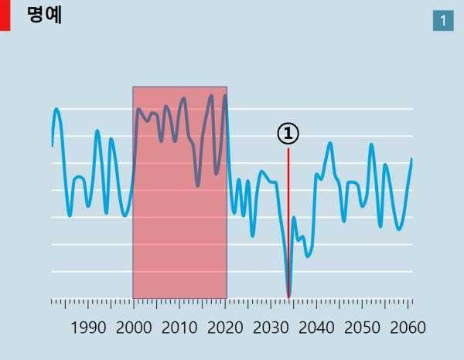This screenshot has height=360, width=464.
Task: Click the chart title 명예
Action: click(44, 15)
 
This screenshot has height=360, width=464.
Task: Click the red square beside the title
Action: click(5, 15)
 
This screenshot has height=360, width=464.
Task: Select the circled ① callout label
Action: click(288, 134)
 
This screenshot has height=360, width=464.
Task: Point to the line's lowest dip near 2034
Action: click(288, 297)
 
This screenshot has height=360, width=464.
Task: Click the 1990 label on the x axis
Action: click(88, 327)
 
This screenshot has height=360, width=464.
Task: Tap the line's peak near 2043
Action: click(330, 143)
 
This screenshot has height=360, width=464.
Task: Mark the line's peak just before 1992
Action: click(97, 131)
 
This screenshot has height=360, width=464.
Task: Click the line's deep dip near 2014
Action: click(197, 185)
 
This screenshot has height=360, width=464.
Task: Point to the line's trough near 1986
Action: click(70, 216)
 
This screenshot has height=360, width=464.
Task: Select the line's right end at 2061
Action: click(411, 159)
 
